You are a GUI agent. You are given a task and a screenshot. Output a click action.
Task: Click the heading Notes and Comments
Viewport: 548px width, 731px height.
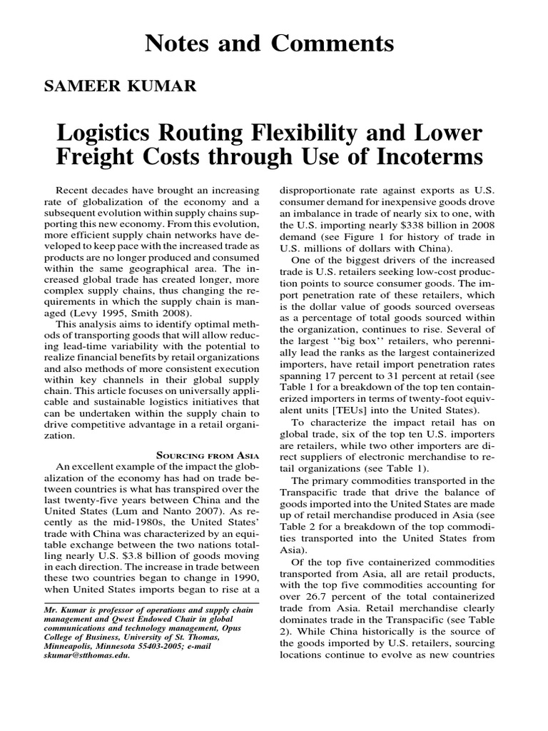pyautogui.click(x=269, y=44)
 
